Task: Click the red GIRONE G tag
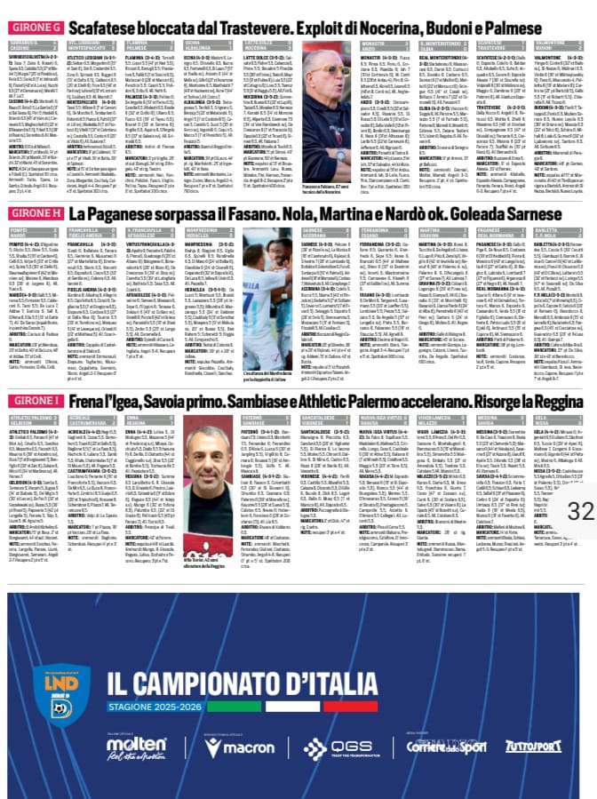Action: (34, 27)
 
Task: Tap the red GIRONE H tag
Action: (34, 214)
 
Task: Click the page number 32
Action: (579, 511)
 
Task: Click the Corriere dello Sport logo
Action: (442, 745)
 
